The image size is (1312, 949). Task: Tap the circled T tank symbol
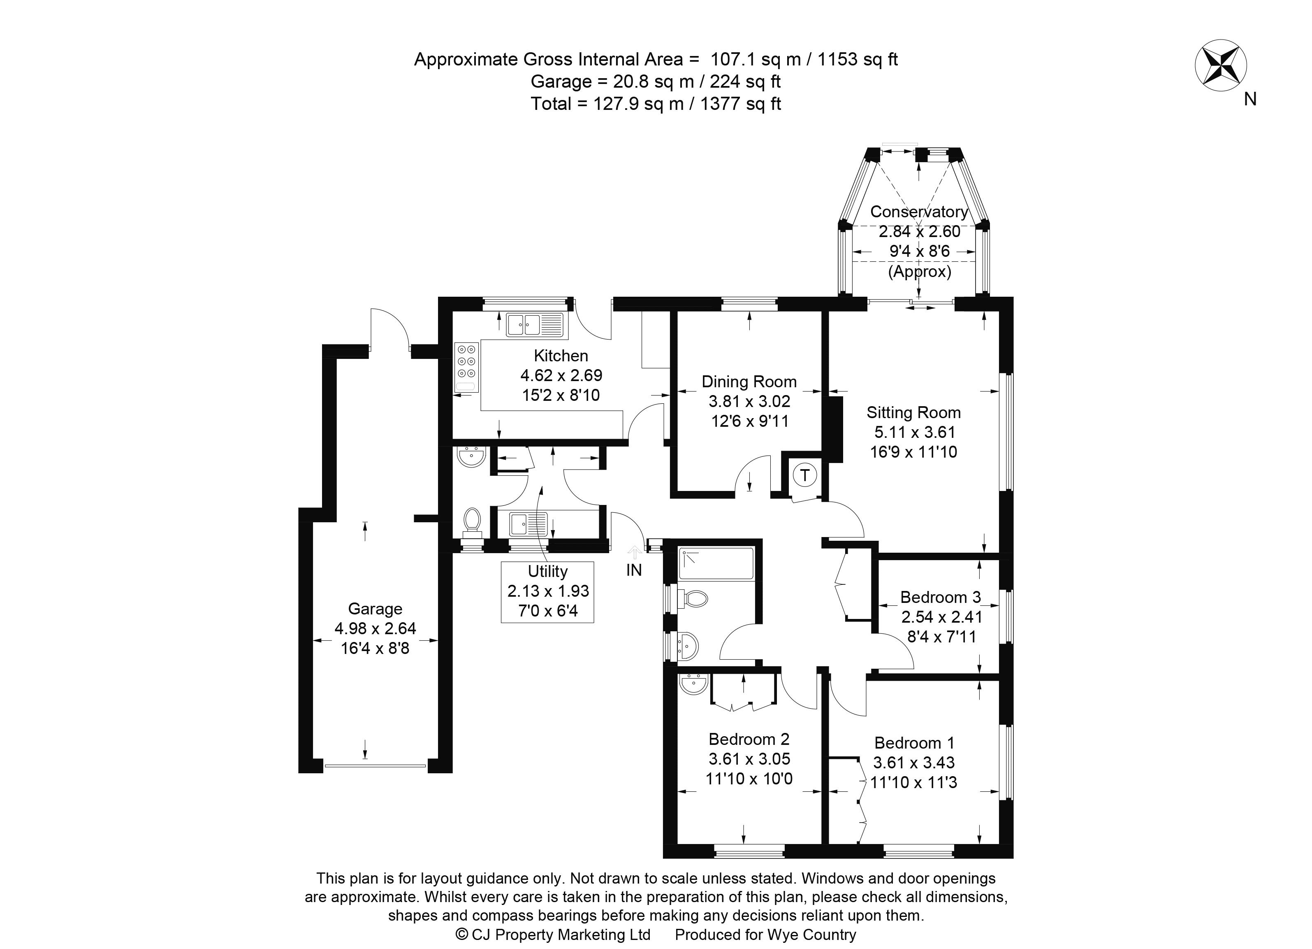[x=804, y=476]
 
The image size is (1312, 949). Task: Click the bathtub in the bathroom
[x=716, y=563]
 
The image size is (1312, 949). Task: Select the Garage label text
[x=375, y=609]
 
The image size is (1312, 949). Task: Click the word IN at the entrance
[x=634, y=570]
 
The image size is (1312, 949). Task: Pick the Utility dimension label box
[x=547, y=591]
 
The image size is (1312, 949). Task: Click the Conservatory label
[x=919, y=212]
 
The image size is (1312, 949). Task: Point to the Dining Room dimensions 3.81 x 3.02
[x=749, y=401]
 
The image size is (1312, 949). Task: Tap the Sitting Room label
[x=913, y=413]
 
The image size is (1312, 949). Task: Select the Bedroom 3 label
[x=941, y=597]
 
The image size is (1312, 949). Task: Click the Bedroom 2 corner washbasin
[x=693, y=684]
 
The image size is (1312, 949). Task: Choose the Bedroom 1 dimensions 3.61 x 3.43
[x=913, y=763]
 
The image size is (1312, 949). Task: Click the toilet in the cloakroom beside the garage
[x=473, y=520]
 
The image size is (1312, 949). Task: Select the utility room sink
[x=528, y=524]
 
